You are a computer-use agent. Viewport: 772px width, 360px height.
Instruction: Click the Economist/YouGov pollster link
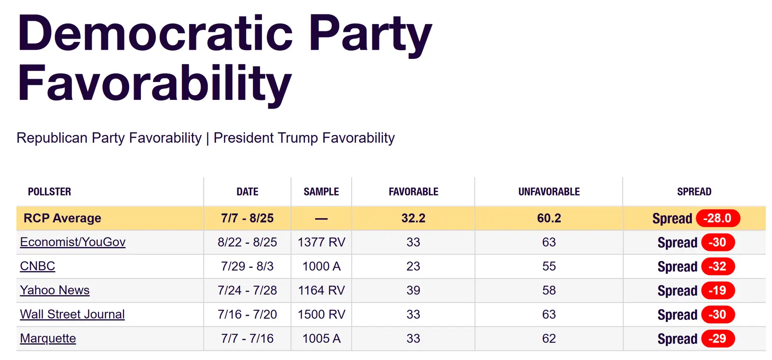[73, 242]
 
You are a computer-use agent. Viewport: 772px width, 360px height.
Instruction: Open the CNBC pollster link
[38, 266]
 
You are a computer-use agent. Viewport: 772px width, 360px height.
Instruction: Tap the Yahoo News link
[55, 291]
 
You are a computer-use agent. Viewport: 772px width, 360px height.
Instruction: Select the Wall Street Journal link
[72, 315]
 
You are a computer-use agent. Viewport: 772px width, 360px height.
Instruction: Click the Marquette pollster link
[48, 339]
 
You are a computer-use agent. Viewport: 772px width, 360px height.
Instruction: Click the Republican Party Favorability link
[109, 138]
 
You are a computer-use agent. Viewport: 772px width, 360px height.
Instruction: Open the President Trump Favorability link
[304, 138]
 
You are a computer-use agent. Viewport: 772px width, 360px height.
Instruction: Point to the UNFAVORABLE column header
[549, 192]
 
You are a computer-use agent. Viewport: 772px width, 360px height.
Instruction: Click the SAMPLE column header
[321, 192]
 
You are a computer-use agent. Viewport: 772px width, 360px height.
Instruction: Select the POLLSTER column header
[49, 192]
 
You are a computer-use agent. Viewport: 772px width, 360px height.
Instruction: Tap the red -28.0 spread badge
[717, 219]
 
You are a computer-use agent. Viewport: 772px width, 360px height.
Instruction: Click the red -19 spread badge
[717, 291]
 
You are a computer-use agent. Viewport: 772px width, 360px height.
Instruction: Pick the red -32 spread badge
[717, 266]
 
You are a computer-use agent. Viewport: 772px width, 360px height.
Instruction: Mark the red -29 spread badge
[717, 339]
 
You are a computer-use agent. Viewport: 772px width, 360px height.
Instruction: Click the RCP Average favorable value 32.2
[414, 219]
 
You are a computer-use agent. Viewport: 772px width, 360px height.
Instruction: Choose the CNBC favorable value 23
[414, 266]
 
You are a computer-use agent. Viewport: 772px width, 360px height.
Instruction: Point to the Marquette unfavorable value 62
[549, 339]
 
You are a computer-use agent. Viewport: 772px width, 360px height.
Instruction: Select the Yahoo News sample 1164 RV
[321, 291]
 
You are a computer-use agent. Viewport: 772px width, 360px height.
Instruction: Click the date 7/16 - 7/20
[248, 315]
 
